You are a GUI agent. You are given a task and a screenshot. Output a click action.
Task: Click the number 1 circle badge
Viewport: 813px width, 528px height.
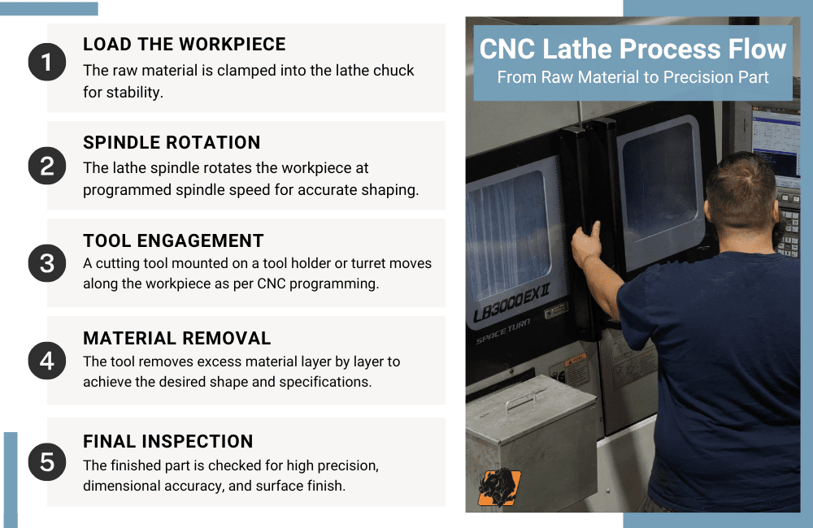(47, 63)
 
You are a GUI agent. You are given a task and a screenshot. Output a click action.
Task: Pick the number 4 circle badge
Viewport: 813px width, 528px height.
(47, 360)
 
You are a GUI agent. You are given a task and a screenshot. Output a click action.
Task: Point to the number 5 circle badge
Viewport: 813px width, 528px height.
(47, 462)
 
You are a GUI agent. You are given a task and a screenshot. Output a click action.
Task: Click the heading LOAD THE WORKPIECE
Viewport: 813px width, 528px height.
(185, 45)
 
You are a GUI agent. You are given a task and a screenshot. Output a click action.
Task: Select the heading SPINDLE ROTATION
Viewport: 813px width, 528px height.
(172, 142)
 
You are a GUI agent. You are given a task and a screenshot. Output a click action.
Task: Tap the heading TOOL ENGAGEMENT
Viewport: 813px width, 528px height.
(173, 240)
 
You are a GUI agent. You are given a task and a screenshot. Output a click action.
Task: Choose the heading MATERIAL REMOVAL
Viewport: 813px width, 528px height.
(177, 338)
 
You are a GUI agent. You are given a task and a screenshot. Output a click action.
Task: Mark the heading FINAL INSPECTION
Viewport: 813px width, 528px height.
(168, 441)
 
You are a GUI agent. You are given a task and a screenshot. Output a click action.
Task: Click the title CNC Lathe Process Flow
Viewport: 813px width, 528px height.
(633, 49)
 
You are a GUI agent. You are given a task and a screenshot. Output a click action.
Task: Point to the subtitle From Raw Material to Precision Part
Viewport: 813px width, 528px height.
(633, 78)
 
